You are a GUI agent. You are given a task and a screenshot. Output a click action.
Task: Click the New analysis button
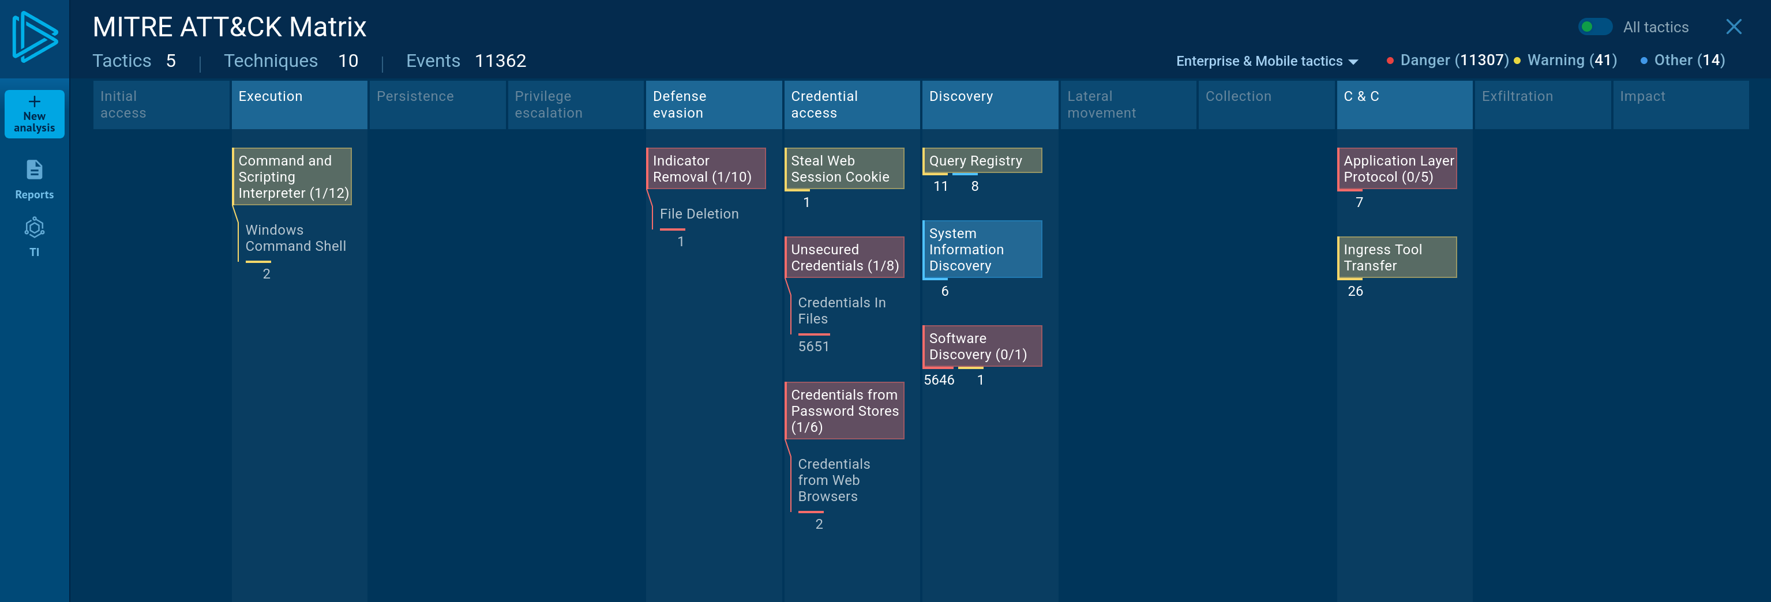35,114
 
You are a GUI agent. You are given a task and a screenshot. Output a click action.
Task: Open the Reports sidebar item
35,179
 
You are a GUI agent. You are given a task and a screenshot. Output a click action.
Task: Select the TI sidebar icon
35,237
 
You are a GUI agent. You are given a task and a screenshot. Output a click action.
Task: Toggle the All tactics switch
1595,27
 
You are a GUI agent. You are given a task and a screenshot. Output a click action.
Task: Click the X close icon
1734,27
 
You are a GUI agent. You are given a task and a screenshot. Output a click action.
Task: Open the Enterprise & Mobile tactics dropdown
1266,61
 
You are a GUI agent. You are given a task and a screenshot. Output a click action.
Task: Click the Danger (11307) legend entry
1447,61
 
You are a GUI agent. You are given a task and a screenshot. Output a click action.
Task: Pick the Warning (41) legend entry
1566,61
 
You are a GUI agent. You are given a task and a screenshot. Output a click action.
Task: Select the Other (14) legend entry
1682,61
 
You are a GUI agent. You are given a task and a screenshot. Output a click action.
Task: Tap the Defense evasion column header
714,104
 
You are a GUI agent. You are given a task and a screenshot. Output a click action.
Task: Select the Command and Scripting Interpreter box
292,176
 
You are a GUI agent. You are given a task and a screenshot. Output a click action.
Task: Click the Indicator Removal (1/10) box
706,168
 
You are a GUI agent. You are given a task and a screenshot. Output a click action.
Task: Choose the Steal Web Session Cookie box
844,168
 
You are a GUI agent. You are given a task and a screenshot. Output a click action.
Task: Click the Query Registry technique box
982,160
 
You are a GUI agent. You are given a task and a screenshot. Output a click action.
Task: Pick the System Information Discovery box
982,249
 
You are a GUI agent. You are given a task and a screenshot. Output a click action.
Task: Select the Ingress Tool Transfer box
1397,257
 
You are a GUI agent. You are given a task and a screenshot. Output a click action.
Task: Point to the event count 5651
813,347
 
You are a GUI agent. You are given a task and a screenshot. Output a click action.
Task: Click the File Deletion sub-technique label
699,214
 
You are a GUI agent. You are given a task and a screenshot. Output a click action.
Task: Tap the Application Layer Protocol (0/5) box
1397,168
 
